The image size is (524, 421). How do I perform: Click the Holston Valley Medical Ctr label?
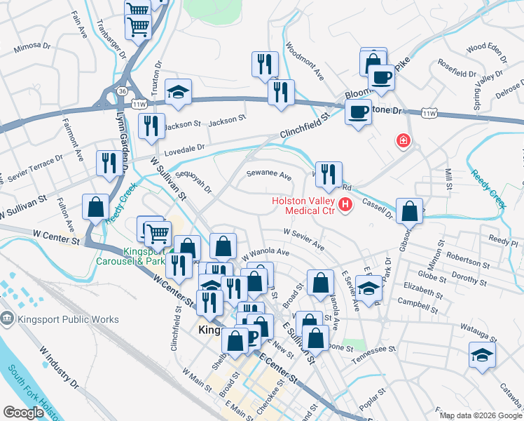303,205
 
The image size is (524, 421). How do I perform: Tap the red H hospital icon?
345,205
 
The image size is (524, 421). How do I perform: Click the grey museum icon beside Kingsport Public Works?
8,319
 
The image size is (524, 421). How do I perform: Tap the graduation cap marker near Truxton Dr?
178,92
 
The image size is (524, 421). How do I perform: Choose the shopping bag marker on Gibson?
409,210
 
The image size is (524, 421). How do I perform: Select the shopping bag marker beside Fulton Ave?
95,207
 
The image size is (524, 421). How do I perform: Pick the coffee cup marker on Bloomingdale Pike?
381,76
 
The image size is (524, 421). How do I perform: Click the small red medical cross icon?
404,141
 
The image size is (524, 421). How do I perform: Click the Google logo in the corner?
24,413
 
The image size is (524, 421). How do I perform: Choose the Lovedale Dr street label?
184,148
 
